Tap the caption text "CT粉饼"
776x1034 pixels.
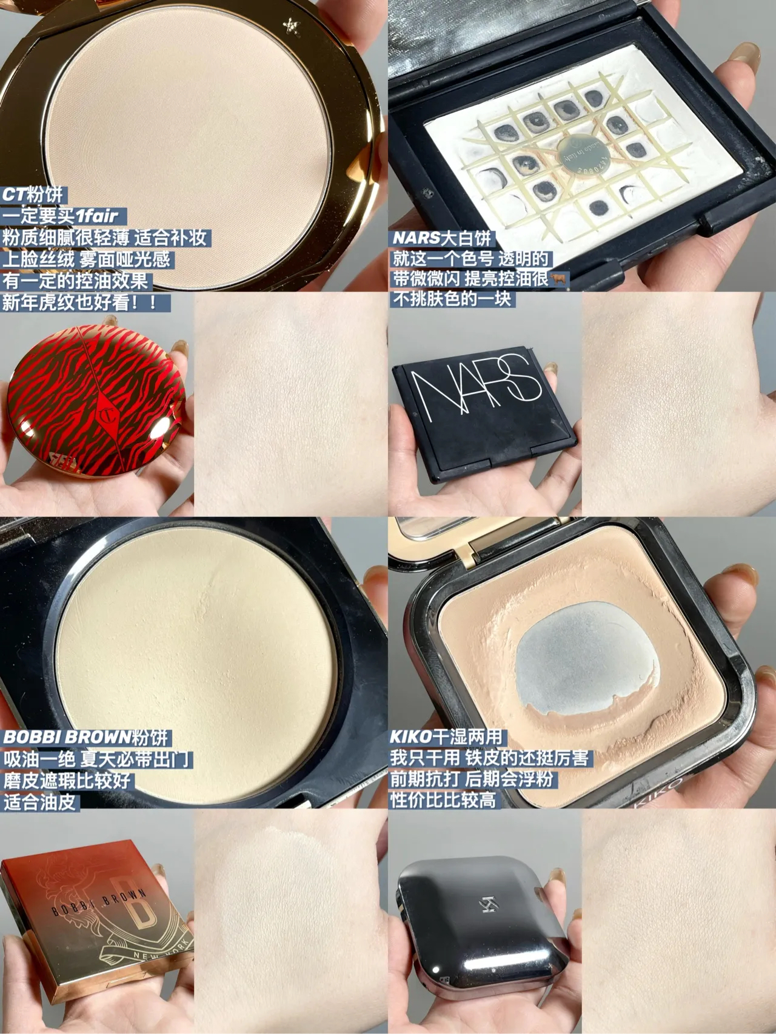click(x=33, y=195)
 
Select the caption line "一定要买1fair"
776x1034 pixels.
click(x=61, y=216)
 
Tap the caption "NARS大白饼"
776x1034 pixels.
click(x=443, y=238)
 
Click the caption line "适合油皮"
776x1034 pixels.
click(x=40, y=802)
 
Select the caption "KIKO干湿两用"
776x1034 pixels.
click(x=446, y=737)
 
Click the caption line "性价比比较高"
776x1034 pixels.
click(x=443, y=800)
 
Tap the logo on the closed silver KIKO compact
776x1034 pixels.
click(x=489, y=905)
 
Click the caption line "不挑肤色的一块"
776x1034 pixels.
click(x=452, y=299)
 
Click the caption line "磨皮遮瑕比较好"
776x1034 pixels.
click(x=67, y=780)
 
